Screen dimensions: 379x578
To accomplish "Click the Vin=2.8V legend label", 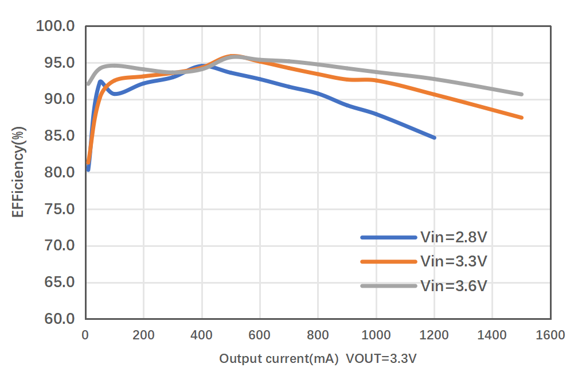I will point(454,237).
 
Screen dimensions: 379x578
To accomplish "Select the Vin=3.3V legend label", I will point(454,261).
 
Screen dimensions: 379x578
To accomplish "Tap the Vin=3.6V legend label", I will point(454,285).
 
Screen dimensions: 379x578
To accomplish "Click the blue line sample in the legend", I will point(388,237).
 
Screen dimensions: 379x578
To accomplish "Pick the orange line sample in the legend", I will point(388,261).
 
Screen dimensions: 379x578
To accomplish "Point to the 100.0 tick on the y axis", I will point(55,26).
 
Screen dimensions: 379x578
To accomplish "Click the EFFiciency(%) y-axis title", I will point(18,172).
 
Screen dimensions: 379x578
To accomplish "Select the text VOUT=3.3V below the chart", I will point(381,359).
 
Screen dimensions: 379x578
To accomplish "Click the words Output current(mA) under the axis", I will point(279,359).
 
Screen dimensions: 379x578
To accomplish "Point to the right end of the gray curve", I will point(521,94).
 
